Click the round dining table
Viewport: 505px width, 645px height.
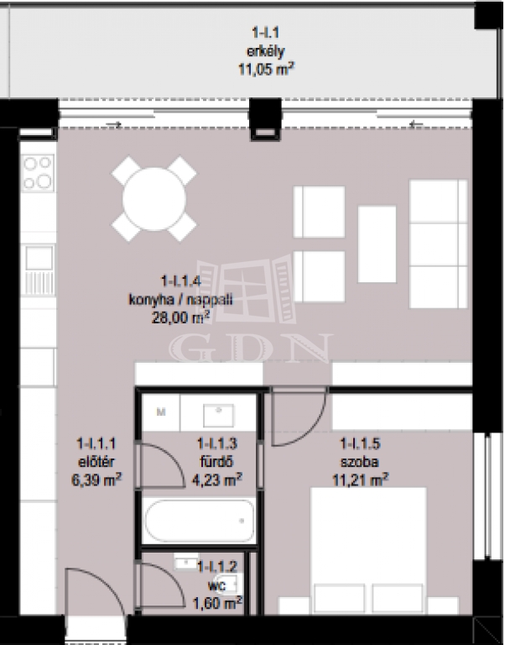pos(154,199)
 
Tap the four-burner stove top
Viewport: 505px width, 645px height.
pos(38,173)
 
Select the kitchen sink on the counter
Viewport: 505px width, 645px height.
pos(39,258)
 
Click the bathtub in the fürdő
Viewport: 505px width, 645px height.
pos(200,521)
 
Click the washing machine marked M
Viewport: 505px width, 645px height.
pos(161,412)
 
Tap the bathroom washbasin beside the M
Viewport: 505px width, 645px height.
pos(219,416)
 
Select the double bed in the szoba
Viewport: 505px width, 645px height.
pos(368,550)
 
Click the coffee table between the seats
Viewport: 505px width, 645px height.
pos(377,244)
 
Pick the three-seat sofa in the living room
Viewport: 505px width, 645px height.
pos(439,244)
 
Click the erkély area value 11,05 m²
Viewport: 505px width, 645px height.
pos(266,69)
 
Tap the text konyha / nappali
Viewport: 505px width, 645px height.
pos(181,299)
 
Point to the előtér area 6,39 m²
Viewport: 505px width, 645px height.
pos(96,480)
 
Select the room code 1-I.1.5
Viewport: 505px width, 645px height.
pos(361,443)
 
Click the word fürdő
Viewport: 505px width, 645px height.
pos(216,462)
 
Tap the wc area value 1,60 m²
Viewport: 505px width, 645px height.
pos(218,603)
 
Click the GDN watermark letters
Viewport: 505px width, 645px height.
pos(251,348)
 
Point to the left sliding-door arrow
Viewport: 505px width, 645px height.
pos(114,124)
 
